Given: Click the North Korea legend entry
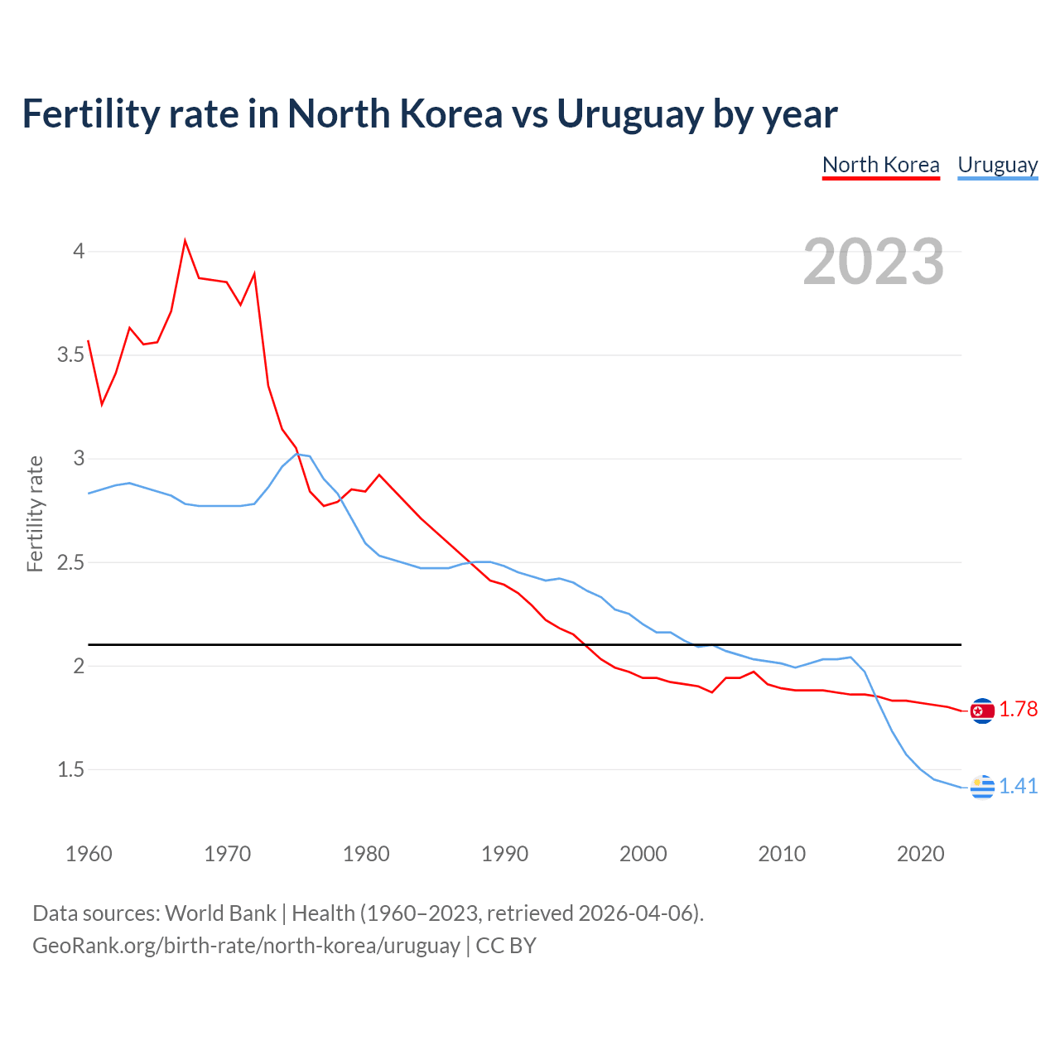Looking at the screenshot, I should pos(880,165).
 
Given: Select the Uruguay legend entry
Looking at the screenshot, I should pos(997,165).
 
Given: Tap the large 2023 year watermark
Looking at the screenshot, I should pos(873,262).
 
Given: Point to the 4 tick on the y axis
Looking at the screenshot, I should pos(79,251).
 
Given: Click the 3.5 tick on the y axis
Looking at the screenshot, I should pos(71,355).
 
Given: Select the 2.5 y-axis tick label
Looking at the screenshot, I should pos(71,562).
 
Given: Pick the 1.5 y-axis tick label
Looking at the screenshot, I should pos(71,769).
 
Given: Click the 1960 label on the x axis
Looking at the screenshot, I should pos(89,854).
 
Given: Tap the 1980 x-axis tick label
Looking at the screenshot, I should pos(366,854).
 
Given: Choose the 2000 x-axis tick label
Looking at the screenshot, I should pos(643,854).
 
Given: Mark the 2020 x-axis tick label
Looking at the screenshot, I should pos(920,854).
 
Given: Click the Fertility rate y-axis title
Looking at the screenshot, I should pos(35,513).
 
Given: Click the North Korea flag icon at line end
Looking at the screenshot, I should pos(982,711).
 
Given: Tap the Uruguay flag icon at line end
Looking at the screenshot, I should pos(982,787).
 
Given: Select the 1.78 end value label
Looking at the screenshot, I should pos(1018,710).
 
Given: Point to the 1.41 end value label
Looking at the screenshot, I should pos(1018,786).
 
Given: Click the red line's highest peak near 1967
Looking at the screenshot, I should pos(185,241).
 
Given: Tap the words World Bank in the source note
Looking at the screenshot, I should pos(220,913).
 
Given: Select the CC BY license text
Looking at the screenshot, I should pos(506,946).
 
